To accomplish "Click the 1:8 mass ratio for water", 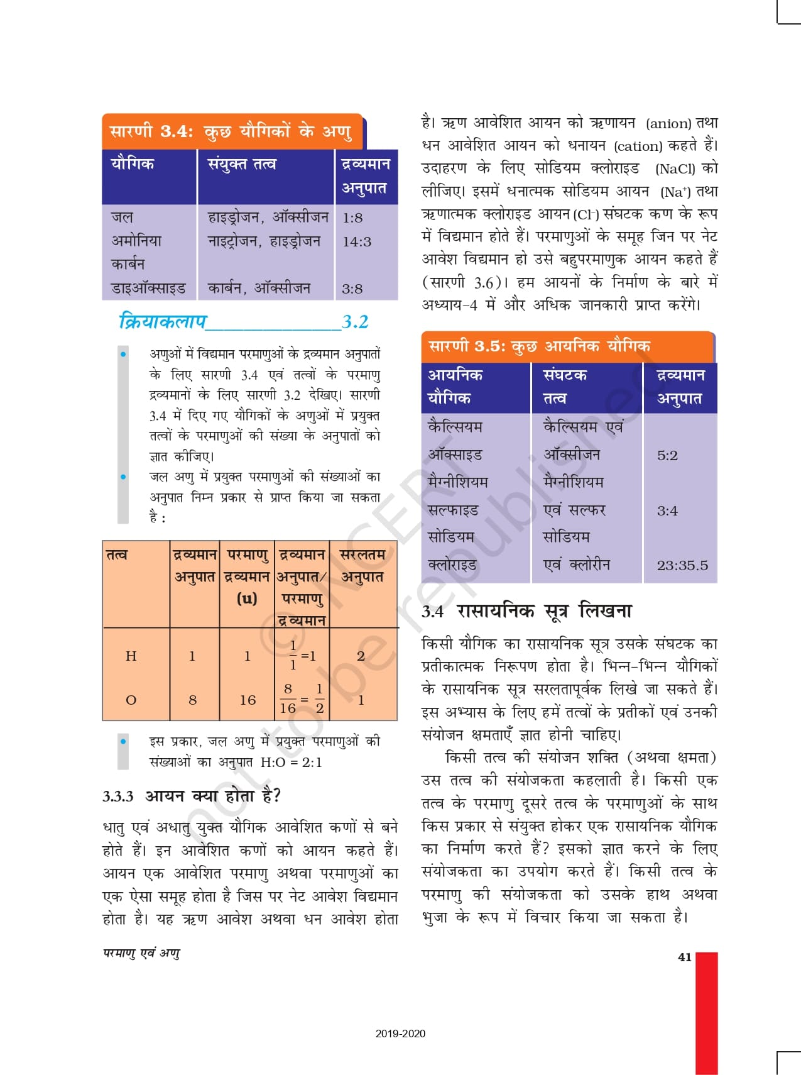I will pyautogui.click(x=352, y=218).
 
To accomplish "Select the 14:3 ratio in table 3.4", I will pyautogui.click(x=357, y=241).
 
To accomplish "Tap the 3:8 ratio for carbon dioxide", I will pyautogui.click(x=352, y=289).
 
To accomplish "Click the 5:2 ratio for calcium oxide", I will pyautogui.click(x=667, y=455).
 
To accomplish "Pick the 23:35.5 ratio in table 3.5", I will pyautogui.click(x=682, y=565).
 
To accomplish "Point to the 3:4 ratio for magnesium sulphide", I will pyautogui.click(x=667, y=510).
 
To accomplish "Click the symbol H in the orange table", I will pyautogui.click(x=131, y=656).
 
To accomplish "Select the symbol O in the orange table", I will pyautogui.click(x=131, y=700).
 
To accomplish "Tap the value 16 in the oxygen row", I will pyautogui.click(x=248, y=700).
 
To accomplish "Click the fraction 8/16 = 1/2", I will pyautogui.click(x=302, y=698).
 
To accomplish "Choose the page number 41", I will pyautogui.click(x=684, y=957).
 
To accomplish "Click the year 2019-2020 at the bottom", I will pyautogui.click(x=400, y=1034).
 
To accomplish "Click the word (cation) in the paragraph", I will pyautogui.click(x=638, y=146).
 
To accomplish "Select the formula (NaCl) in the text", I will pyautogui.click(x=675, y=168).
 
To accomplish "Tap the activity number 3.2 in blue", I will pyautogui.click(x=355, y=322).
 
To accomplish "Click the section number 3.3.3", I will pyautogui.click(x=118, y=797).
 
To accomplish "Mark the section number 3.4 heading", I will pyautogui.click(x=432, y=611).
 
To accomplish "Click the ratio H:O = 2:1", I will pyautogui.click(x=292, y=763).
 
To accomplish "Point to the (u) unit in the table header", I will pyautogui.click(x=247, y=598).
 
